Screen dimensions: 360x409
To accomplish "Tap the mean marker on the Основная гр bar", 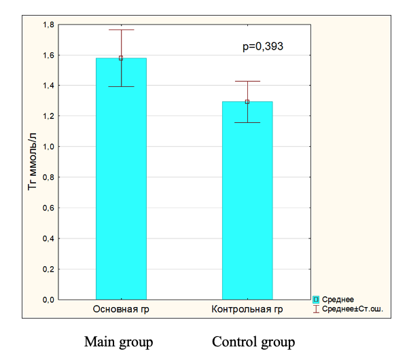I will [121, 58].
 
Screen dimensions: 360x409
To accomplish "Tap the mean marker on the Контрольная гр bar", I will [247, 102].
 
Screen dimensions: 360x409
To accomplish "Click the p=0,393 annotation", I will [263, 47].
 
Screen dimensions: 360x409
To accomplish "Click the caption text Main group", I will [118, 342].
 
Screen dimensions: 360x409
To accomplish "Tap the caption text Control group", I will [253, 342].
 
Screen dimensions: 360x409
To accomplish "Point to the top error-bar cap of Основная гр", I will [121, 30].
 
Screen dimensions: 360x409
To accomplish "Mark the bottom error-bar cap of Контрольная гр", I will [247, 122].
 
